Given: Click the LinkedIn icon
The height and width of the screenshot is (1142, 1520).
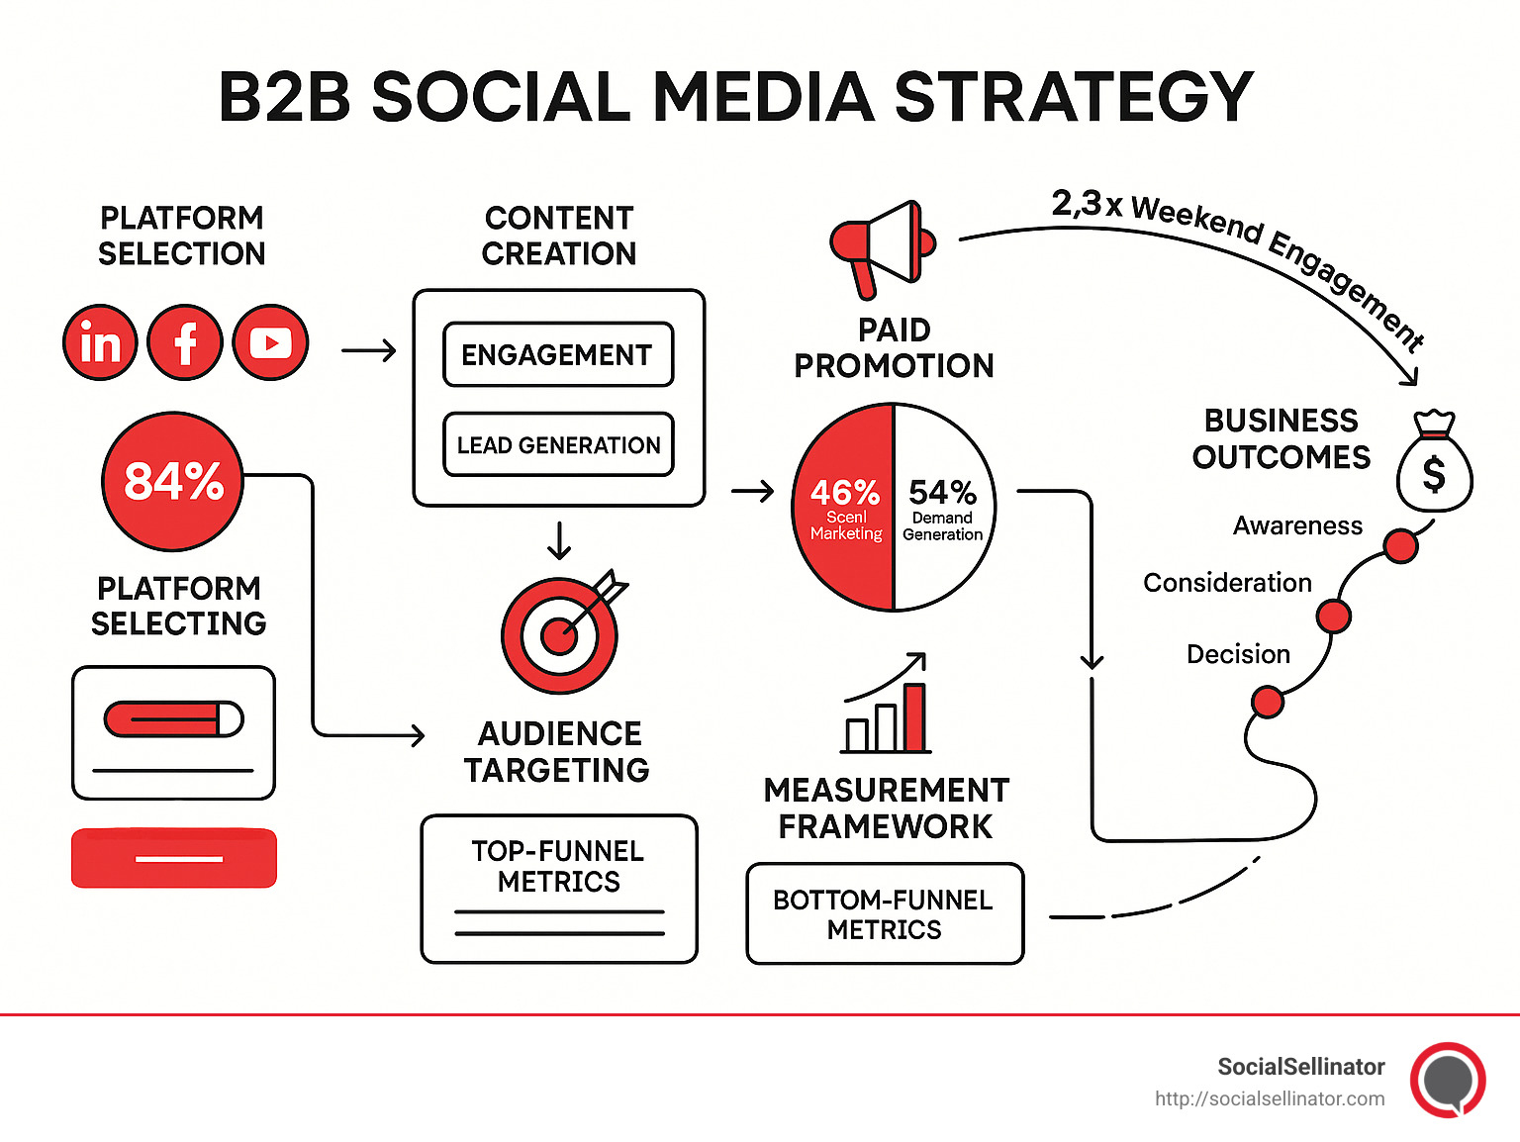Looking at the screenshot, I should click(x=100, y=342).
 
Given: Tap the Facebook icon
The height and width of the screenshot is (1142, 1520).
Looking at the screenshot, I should click(x=185, y=342).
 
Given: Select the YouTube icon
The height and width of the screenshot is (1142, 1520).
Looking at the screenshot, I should click(x=270, y=342).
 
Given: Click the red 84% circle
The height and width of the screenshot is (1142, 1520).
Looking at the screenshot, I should click(x=173, y=481).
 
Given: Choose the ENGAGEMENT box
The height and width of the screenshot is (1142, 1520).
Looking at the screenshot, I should click(x=558, y=354).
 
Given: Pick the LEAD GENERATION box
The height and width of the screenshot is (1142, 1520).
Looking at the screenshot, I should click(x=558, y=445).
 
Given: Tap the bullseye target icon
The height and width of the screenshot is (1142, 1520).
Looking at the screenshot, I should click(x=560, y=635).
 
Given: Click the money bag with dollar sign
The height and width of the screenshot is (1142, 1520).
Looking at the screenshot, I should click(x=1434, y=465).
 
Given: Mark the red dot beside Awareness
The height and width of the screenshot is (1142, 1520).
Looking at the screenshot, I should click(x=1400, y=545).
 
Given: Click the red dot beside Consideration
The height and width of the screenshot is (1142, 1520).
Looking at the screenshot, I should click(x=1333, y=616).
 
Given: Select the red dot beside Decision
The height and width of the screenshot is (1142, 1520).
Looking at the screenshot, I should click(x=1267, y=702).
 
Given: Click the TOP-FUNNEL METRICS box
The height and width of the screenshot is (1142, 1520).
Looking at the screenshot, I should click(x=559, y=889).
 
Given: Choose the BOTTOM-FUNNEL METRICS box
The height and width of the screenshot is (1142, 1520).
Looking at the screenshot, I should click(x=885, y=913).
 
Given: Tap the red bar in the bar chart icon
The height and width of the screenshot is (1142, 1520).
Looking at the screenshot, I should click(x=914, y=717).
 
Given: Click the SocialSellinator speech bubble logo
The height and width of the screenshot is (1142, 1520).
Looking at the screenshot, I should click(x=1448, y=1080).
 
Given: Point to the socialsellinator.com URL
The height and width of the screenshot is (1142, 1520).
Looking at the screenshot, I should click(x=1270, y=1098).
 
